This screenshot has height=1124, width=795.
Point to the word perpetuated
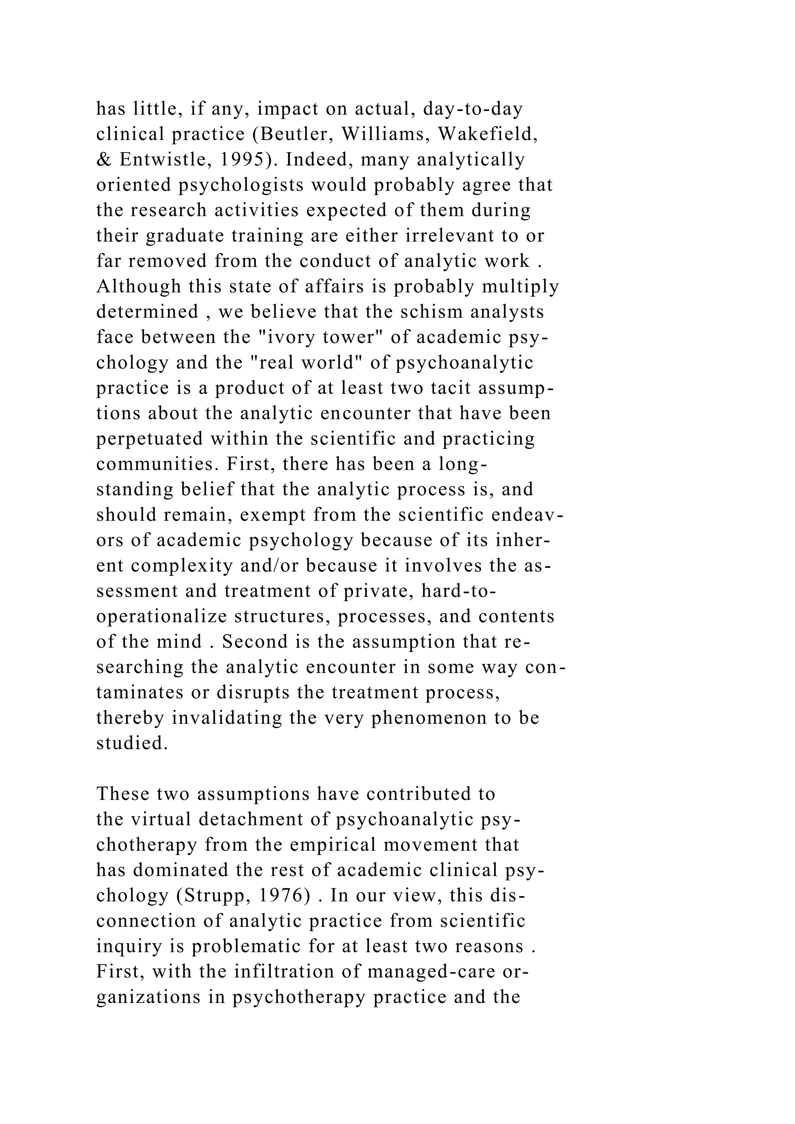coord(149,439)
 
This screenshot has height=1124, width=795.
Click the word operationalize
coord(161,616)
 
